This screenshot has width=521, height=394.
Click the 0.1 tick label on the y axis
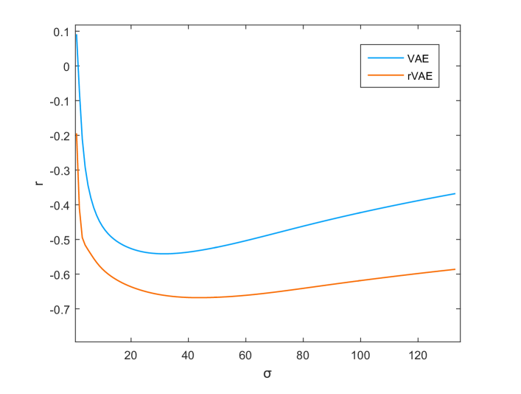click(x=62, y=32)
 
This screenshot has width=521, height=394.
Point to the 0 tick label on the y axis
click(x=66, y=66)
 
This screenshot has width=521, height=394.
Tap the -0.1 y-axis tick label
click(x=60, y=101)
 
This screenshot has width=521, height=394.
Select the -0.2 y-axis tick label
click(x=60, y=136)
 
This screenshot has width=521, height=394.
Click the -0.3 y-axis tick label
click(x=60, y=170)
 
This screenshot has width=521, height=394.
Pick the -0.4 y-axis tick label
click(x=60, y=205)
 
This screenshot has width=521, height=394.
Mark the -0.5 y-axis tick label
click(x=60, y=240)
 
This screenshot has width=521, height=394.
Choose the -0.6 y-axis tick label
click(x=60, y=274)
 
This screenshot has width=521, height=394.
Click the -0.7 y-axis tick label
click(x=60, y=309)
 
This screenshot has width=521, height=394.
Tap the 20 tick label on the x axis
click(x=130, y=353)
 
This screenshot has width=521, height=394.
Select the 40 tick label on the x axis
click(x=188, y=353)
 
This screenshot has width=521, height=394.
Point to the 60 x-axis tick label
click(x=245, y=353)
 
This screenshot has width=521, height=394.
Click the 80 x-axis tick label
click(x=303, y=353)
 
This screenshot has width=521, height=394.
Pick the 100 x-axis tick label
click(x=360, y=353)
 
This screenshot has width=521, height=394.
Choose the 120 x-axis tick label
click(x=418, y=353)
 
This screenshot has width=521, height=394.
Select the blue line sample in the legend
click(x=385, y=57)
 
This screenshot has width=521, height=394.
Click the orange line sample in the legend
click(x=385, y=75)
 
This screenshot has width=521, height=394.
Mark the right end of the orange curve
click(x=455, y=269)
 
